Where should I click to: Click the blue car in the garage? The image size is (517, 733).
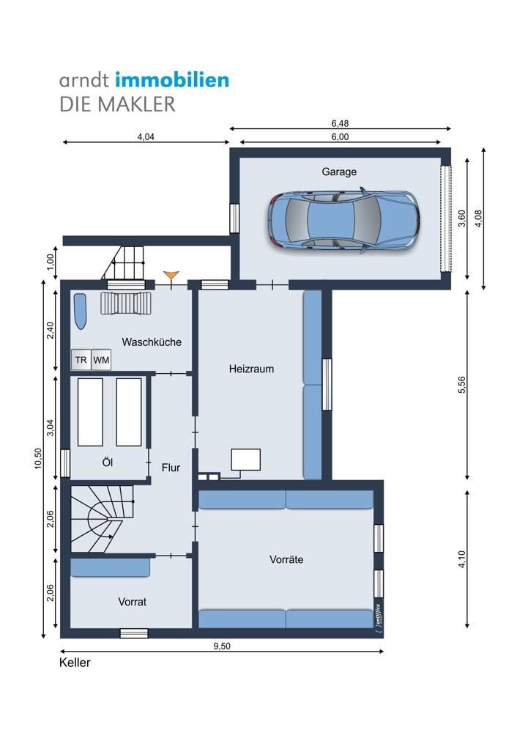[343, 221]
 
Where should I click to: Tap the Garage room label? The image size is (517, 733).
[339, 172]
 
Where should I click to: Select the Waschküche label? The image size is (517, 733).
[152, 342]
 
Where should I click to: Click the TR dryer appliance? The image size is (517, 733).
[81, 360]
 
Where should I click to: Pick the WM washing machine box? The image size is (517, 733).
[101, 360]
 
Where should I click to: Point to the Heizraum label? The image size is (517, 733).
[251, 369]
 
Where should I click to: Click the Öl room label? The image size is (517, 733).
[108, 462]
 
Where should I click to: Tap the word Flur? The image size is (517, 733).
[171, 468]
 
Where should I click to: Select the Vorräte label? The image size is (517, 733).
[286, 559]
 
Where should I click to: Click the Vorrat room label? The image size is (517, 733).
[132, 602]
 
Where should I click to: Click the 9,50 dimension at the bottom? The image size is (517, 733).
[222, 646]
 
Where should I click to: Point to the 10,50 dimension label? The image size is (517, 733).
[38, 458]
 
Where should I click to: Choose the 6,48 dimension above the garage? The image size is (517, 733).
[340, 123]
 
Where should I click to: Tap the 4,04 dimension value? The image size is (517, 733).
[146, 137]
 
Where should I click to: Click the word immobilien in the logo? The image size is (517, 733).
[172, 80]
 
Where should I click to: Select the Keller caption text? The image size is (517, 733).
[75, 663]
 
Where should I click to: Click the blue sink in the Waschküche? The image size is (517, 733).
[81, 312]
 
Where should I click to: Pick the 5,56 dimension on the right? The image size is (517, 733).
[462, 385]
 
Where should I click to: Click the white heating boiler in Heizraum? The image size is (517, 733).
[245, 460]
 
